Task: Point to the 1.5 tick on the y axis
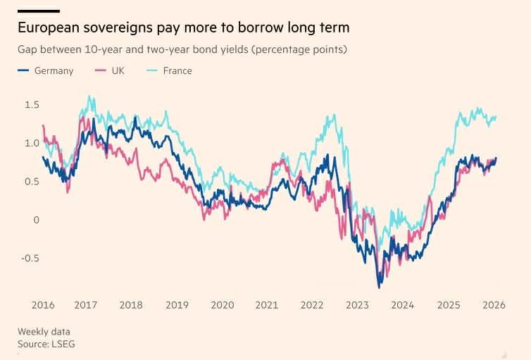tap(32, 105)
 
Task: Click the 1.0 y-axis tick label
tap(32, 143)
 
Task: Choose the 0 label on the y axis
tap(37, 220)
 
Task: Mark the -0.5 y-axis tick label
tap(30, 258)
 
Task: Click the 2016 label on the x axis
tap(43, 305)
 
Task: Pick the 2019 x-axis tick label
tap(177, 305)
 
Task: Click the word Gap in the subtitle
tap(27, 50)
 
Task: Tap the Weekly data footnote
tap(44, 332)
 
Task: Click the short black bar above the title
tap(38, 11)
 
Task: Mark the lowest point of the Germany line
tap(380, 287)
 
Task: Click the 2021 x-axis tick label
tap(267, 305)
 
